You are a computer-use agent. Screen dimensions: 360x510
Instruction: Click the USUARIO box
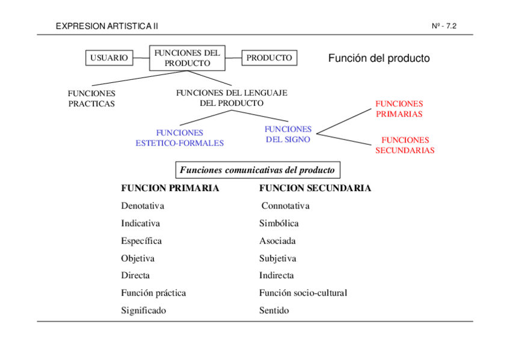[109, 58]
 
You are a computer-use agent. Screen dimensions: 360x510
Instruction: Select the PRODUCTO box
[269, 58]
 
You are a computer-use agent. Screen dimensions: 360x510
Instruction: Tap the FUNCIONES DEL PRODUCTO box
[187, 58]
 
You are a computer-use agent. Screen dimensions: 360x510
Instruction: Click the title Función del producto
[379, 58]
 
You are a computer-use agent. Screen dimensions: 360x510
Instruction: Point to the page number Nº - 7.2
[444, 26]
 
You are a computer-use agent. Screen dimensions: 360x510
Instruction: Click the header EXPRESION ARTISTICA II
[106, 26]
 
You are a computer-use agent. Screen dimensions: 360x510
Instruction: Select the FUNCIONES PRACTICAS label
[91, 99]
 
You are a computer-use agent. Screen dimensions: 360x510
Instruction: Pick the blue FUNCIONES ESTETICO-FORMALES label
[179, 138]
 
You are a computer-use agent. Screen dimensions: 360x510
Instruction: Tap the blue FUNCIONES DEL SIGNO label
[288, 134]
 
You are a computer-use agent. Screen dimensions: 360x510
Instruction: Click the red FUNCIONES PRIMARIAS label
[399, 109]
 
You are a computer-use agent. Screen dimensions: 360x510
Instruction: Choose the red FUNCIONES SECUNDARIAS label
[405, 145]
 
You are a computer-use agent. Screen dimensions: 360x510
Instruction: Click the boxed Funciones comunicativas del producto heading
[257, 170]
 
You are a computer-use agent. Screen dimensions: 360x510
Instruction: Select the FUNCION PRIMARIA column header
[170, 188]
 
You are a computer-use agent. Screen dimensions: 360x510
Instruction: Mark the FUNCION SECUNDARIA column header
[315, 188]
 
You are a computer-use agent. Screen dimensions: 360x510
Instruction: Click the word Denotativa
[143, 206]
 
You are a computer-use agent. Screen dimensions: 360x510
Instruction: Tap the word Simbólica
[279, 223]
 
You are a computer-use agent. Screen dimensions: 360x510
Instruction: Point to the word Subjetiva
[278, 258]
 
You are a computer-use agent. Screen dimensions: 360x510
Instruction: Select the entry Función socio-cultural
[303, 293]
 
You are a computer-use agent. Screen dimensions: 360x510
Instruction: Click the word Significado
[143, 310]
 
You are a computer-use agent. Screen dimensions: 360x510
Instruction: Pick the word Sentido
[274, 310]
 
